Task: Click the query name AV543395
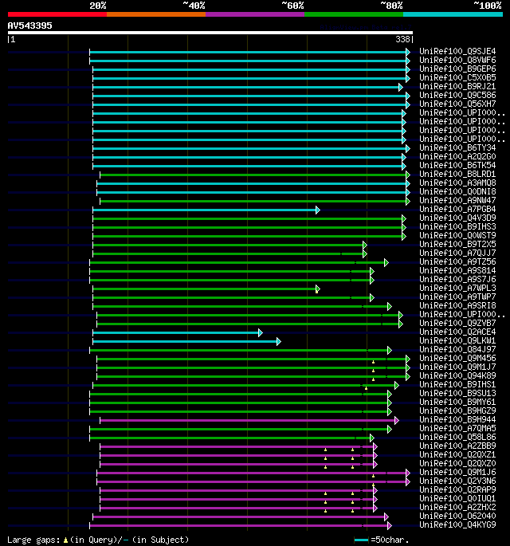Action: click(30, 26)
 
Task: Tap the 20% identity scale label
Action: click(98, 5)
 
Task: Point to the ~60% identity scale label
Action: click(292, 5)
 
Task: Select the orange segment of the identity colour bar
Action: click(155, 14)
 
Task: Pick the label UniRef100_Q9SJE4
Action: click(457, 51)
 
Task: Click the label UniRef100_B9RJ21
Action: click(457, 86)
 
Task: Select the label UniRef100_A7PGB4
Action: click(457, 209)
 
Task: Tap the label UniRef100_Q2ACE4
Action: click(457, 332)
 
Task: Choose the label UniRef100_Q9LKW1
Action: click(457, 340)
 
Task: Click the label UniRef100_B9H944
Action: click(457, 419)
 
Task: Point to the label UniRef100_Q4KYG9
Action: click(457, 524)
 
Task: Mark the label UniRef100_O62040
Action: click(457, 516)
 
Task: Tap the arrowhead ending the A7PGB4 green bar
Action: click(318, 209)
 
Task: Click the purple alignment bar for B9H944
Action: click(239, 419)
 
